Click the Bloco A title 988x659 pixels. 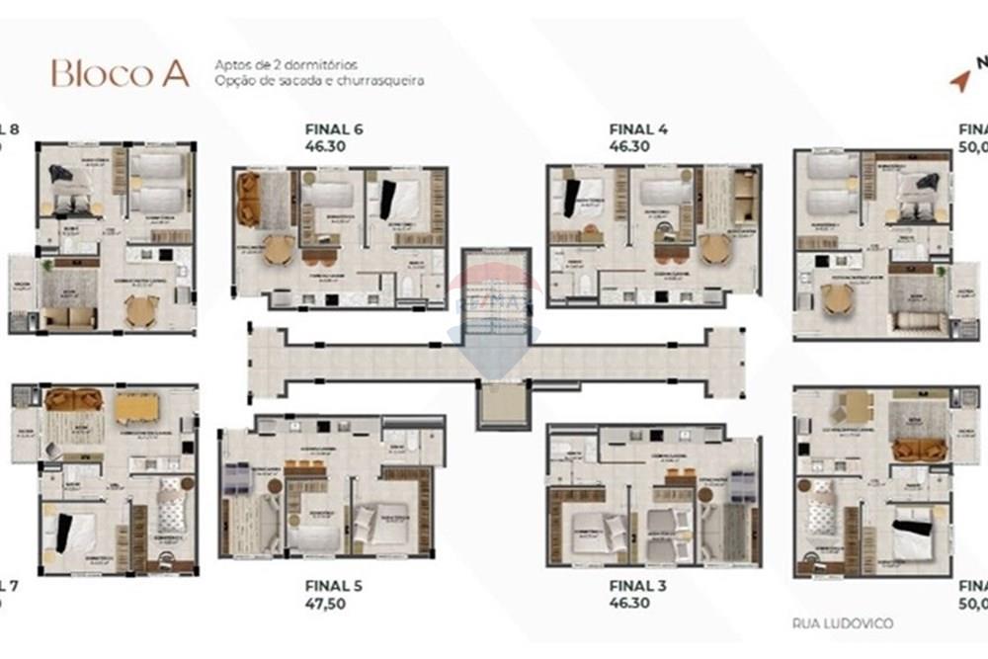120,73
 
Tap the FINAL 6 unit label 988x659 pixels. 335,129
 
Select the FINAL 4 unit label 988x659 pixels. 639,129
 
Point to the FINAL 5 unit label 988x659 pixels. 334,586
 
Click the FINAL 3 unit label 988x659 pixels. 638,586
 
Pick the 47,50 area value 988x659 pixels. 327,604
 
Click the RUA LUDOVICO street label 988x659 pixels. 843,623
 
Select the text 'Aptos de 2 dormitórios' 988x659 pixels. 286,65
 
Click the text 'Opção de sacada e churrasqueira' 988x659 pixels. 318,81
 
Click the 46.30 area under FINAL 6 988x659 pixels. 326,146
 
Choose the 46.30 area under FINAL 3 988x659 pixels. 629,603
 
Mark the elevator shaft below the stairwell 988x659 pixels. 502,403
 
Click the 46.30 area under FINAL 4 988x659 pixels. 629,146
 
